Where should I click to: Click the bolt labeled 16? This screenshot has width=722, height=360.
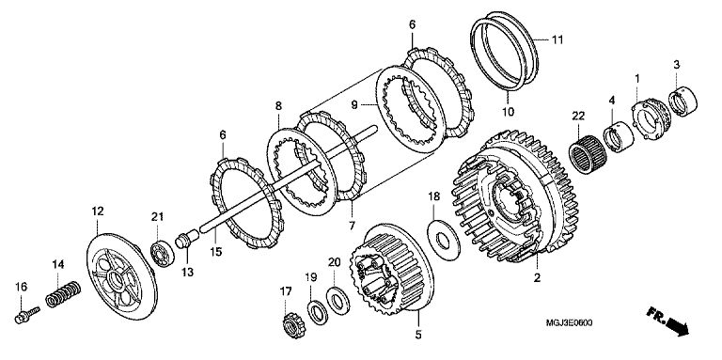[26, 315]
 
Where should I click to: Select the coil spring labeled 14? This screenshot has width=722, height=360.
[64, 294]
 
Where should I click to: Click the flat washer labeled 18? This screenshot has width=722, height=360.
[444, 240]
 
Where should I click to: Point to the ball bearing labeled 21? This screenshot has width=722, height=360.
[163, 253]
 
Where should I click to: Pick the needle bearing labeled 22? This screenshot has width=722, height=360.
[588, 155]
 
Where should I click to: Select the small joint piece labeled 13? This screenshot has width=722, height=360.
[187, 240]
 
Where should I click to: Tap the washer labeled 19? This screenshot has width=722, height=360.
[317, 312]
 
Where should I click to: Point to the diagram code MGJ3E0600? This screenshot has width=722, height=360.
[569, 322]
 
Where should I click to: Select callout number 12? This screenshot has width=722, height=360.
[97, 211]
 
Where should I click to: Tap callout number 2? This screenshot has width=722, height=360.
[537, 277]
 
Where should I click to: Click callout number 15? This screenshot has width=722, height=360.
[215, 252]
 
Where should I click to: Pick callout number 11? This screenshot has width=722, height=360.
[557, 39]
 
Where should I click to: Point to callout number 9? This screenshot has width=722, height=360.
[354, 105]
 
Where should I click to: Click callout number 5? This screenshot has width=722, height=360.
[417, 335]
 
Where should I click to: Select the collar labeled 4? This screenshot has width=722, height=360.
[619, 136]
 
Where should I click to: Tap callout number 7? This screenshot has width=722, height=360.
[352, 226]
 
